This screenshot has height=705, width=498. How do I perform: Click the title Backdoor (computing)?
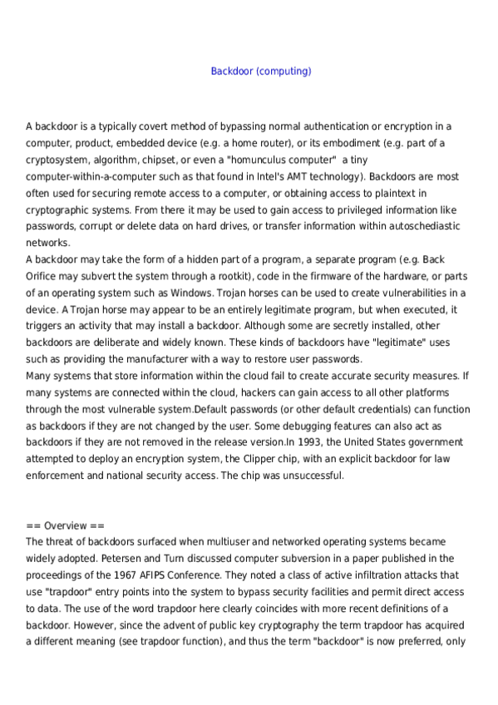point(261,71)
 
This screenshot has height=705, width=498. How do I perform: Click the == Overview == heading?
point(66,525)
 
